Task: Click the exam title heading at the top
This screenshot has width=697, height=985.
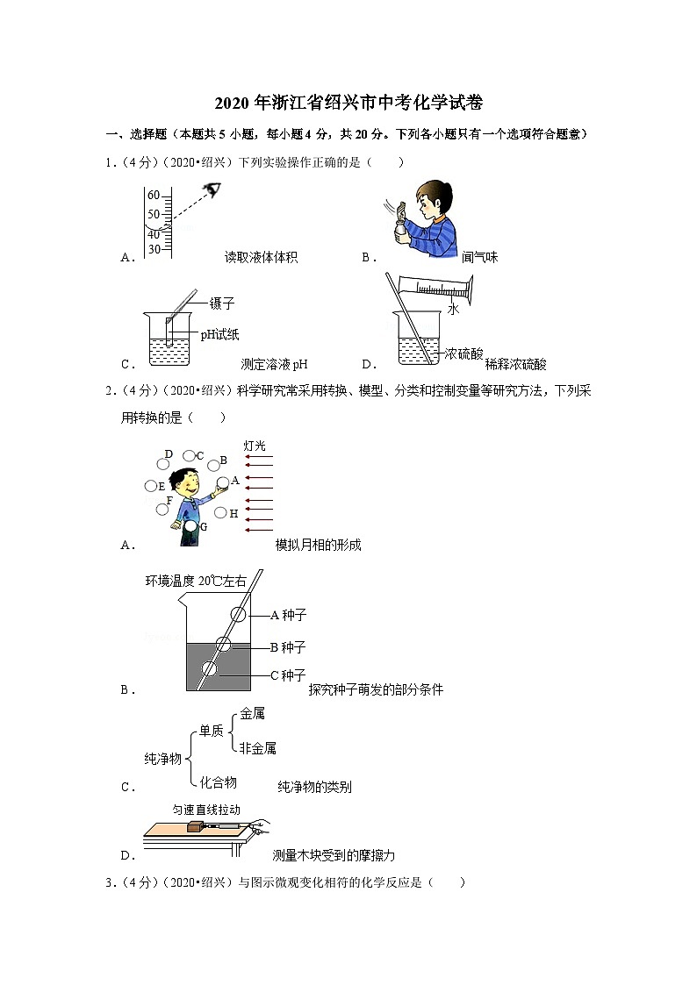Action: coord(348,103)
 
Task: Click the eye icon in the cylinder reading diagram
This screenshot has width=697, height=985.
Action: coord(212,189)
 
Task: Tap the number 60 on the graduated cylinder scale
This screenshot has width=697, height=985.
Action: coord(154,195)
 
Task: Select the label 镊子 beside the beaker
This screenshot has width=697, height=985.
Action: coord(222,303)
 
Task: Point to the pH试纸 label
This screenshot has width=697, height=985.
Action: coord(219,333)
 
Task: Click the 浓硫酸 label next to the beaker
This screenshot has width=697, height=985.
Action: coord(463,353)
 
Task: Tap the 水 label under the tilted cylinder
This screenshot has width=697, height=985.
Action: coord(453,310)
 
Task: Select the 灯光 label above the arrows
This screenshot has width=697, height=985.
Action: coord(254,446)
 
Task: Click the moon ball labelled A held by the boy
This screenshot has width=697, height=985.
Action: coord(222,482)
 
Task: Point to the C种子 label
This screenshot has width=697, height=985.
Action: coord(287,675)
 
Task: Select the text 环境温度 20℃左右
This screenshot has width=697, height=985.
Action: coord(196,581)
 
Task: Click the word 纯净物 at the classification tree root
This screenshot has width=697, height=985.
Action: coord(162,758)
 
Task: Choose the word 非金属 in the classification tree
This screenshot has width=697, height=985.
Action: coord(258,748)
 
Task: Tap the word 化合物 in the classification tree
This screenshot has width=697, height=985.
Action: coord(218,782)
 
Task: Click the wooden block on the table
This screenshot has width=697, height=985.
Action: coord(194,826)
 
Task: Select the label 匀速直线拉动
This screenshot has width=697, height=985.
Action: coord(206,810)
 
